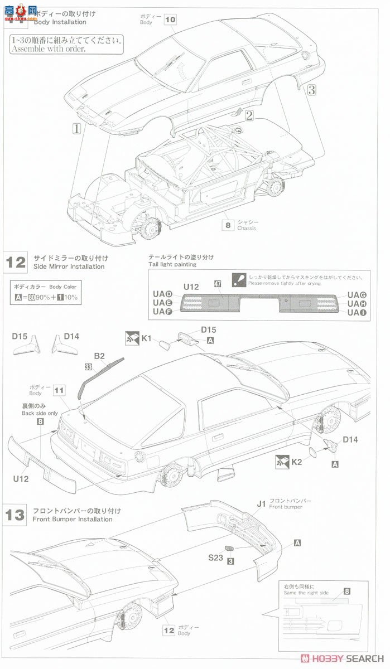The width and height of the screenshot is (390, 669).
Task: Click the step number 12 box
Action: (x=16, y=261)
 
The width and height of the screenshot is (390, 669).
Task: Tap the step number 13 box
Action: (x=16, y=514)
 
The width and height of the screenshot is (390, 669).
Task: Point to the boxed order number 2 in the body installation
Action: (x=249, y=116)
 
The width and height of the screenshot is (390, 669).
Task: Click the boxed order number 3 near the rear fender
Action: (x=311, y=89)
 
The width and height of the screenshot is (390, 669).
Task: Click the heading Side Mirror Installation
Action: (x=69, y=266)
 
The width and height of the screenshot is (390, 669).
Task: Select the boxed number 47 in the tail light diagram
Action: (x=218, y=284)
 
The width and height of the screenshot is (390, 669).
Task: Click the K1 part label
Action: (x=147, y=337)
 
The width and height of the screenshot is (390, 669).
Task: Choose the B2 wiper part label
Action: (x=99, y=356)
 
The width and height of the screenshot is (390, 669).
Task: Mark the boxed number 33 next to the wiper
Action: (x=88, y=367)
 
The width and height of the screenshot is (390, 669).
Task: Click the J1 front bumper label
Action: (x=261, y=502)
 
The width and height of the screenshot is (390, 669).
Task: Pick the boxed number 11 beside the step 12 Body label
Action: (x=60, y=390)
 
